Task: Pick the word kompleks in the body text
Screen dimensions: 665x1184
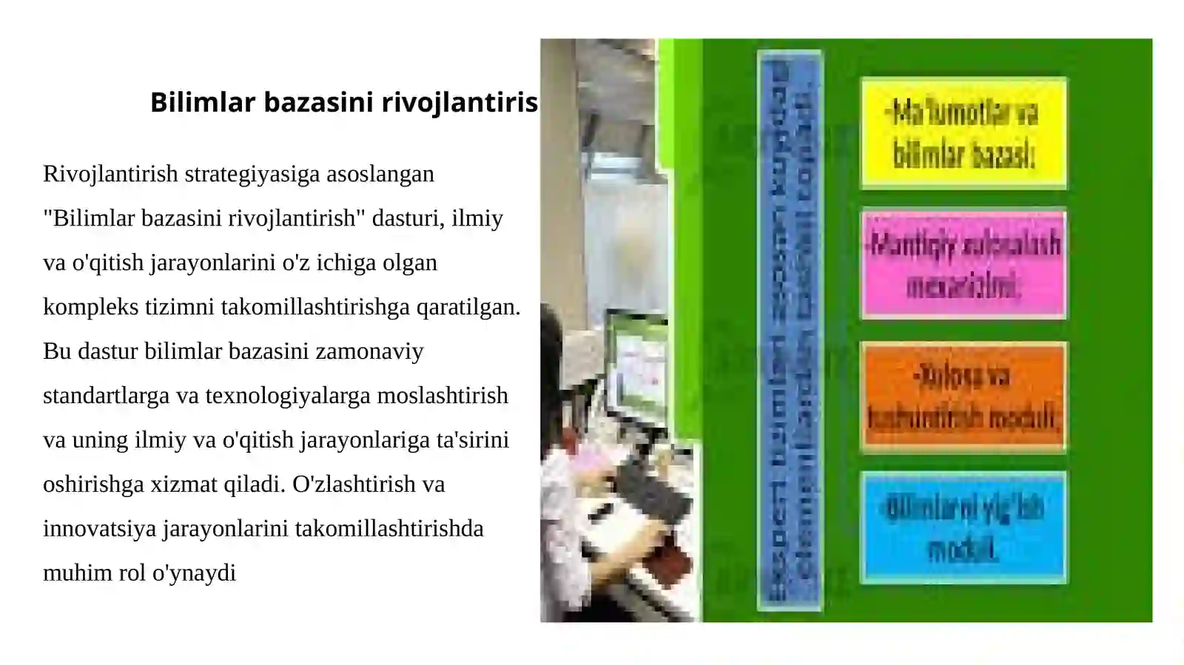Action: tap(91, 307)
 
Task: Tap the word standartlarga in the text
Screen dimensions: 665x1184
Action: tap(106, 396)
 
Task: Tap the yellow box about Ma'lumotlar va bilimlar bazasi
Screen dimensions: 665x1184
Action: tap(963, 133)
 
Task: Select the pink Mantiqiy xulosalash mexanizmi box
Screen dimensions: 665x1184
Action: tap(963, 264)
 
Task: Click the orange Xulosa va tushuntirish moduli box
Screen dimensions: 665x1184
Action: tap(963, 396)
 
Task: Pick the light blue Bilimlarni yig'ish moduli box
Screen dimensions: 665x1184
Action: tap(963, 527)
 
